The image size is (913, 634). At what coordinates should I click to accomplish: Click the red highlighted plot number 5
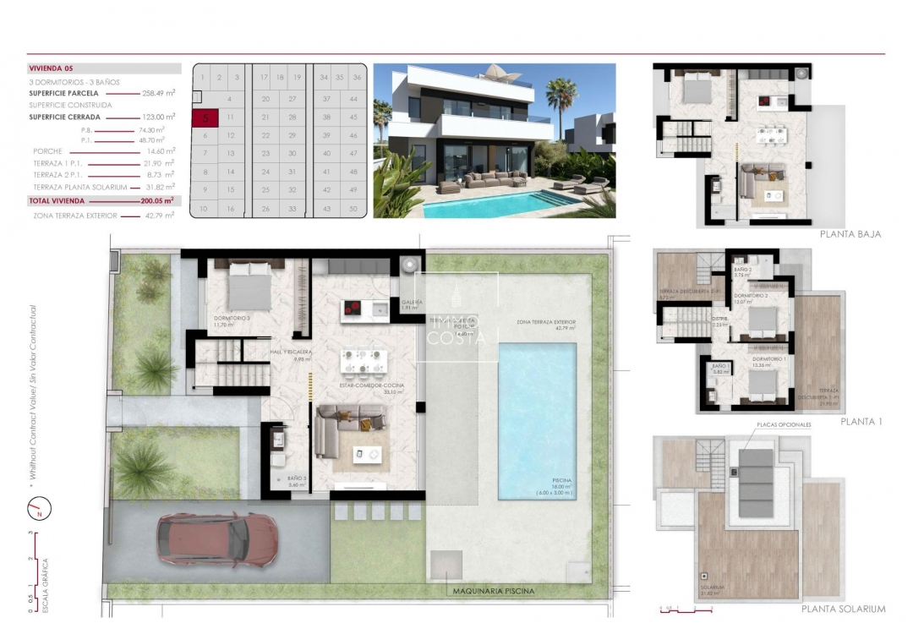[204, 118]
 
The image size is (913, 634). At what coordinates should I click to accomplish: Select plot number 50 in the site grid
[353, 208]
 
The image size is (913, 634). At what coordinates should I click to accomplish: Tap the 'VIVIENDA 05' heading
[52, 68]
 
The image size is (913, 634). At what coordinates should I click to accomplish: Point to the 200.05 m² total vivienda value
[156, 201]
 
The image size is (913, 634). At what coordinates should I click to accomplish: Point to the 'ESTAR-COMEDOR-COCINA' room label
[373, 386]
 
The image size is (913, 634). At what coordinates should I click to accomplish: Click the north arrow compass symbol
[38, 509]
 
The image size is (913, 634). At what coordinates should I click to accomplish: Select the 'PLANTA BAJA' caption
[850, 234]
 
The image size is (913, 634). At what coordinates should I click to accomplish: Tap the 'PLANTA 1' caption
[861, 420]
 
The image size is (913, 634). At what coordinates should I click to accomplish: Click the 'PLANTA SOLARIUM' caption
[844, 609]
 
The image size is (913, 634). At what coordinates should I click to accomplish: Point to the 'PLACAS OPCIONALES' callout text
[783, 424]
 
